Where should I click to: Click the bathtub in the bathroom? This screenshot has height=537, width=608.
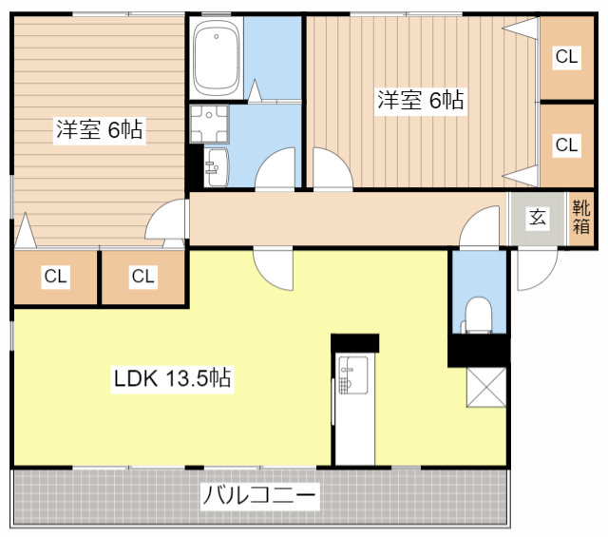[x=217, y=56]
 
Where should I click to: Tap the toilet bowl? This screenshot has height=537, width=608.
[x=478, y=314]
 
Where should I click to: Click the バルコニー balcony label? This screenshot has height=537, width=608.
[x=259, y=496]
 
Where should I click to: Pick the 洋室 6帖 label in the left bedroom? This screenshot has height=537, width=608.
[x=99, y=130]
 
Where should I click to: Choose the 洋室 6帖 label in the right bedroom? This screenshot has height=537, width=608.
[x=421, y=100]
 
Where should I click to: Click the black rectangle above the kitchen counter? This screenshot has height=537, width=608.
[x=354, y=342]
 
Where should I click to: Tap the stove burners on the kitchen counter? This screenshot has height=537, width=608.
[x=346, y=375]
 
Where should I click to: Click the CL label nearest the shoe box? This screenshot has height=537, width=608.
[x=567, y=145]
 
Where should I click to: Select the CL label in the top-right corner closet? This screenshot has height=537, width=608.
[x=567, y=57]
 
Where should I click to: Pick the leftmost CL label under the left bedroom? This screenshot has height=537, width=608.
[x=55, y=277]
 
